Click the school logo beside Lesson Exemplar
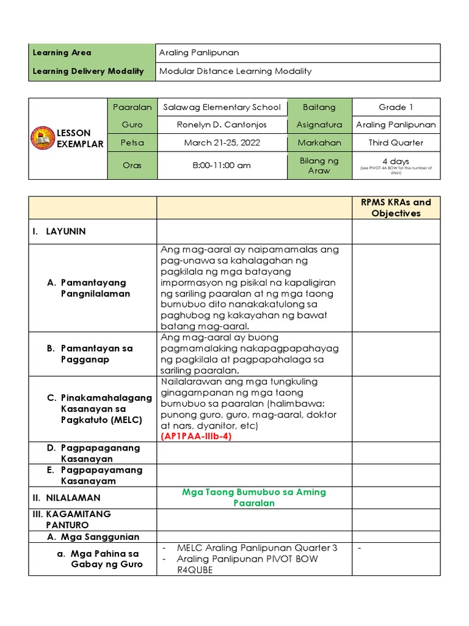(x=43, y=139)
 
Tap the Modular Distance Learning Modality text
(x=235, y=71)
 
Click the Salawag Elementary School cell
(x=222, y=107)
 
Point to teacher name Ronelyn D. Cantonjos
(x=222, y=125)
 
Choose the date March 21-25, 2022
(x=222, y=142)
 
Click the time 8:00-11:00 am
(x=222, y=165)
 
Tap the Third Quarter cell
(x=396, y=142)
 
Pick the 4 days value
(x=396, y=161)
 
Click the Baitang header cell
(x=319, y=107)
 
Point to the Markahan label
(x=319, y=142)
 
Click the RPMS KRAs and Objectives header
(x=396, y=208)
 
